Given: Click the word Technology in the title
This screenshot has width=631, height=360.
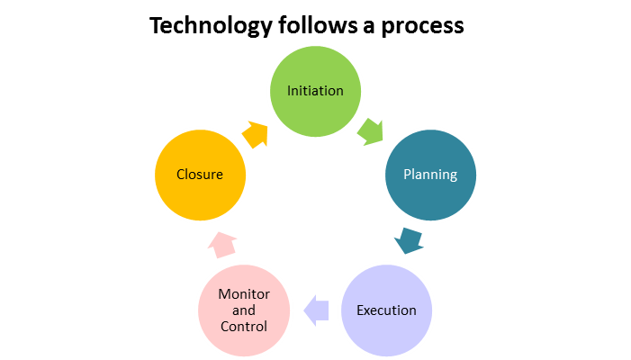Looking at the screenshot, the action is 212,26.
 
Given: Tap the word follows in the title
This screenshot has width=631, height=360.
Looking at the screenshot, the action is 318,25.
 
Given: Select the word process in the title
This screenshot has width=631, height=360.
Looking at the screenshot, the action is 422,27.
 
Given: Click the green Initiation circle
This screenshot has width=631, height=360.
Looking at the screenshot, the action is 315,91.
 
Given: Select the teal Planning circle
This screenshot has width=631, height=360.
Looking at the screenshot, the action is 430,175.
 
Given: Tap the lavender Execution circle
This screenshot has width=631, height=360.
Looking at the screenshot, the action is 386,310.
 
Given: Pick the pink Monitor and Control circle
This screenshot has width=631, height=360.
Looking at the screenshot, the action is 244,310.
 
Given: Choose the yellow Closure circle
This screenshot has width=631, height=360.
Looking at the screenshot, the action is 200,175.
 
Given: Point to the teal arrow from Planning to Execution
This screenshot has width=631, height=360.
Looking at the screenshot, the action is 410,240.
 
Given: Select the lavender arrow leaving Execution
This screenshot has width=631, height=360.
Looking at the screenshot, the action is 316,310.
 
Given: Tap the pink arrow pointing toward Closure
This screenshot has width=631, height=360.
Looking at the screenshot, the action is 222,245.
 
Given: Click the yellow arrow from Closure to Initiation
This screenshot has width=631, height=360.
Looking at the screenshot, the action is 255,134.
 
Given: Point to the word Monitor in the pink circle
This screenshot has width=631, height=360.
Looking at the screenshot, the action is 244,294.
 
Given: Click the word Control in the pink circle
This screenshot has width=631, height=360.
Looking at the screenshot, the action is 244,326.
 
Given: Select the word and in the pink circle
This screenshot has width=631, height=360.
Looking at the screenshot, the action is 244,310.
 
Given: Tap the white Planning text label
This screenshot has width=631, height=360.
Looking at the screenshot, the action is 430,175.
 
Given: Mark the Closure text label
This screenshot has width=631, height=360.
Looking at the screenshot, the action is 200,175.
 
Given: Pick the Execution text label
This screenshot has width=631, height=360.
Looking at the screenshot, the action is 386,310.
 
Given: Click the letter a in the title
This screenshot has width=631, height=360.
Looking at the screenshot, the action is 369,27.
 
